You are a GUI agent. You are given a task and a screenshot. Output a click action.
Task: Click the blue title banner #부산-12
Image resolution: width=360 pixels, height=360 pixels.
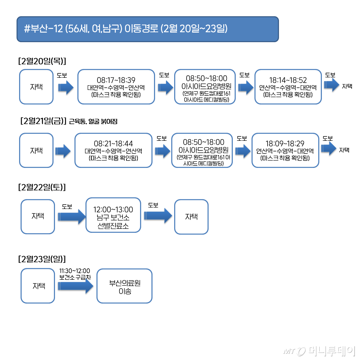point(147,29)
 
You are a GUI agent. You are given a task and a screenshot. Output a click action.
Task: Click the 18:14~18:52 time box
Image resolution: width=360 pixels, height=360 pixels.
point(288,87)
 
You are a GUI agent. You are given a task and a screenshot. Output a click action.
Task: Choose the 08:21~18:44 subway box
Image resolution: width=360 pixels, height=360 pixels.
point(113,150)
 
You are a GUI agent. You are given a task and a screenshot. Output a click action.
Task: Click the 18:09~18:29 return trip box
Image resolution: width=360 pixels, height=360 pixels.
point(285,150)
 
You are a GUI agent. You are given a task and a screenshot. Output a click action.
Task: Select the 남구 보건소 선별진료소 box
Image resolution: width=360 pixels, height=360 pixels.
point(113,215)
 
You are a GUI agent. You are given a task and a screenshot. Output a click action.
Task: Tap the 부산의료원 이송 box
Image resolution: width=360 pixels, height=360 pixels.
point(124,286)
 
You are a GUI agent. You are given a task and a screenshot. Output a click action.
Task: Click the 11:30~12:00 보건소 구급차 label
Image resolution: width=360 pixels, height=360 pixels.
point(75,274)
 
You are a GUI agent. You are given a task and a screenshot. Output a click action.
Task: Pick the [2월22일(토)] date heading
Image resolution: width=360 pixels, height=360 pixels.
point(42,187)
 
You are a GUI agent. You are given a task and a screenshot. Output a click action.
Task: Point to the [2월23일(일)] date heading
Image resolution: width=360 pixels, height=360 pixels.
point(42,259)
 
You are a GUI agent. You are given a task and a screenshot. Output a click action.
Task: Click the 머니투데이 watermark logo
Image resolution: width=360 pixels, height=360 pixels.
point(319,351)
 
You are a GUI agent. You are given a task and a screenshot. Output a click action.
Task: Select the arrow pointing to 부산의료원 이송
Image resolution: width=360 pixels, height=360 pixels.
point(76,287)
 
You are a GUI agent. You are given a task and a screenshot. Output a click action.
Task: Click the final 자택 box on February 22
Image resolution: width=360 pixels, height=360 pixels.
point(191,217)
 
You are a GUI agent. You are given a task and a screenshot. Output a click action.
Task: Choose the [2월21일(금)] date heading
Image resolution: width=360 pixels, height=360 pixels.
point(43,121)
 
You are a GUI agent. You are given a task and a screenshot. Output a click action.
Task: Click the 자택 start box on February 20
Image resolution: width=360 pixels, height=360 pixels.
point(36,87)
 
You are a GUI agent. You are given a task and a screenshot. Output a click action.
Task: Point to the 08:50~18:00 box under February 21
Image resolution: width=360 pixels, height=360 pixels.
point(202,150)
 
